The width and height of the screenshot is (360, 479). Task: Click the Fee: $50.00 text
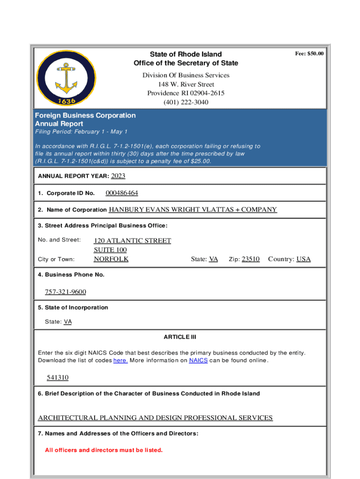click(309, 54)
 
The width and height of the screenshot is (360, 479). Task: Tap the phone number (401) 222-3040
click(186, 102)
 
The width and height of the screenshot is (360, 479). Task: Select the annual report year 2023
click(118, 176)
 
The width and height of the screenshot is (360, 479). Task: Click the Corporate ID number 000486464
click(122, 193)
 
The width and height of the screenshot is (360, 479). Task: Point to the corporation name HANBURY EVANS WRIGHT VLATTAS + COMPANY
click(193, 210)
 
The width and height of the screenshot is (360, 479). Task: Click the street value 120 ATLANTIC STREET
click(132, 240)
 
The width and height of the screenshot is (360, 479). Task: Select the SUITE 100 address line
click(110, 250)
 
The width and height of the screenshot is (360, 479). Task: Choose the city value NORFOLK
click(111, 259)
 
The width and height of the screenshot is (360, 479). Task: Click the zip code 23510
click(251, 259)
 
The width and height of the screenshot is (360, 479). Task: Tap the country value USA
click(303, 259)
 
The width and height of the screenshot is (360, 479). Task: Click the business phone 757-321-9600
click(65, 292)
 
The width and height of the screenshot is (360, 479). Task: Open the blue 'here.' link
click(121, 361)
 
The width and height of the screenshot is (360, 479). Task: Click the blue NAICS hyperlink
click(198, 361)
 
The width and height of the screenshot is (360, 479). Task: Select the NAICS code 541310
click(58, 377)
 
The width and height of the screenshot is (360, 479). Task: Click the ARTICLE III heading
click(180, 337)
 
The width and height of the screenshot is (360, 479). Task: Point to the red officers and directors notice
click(104, 450)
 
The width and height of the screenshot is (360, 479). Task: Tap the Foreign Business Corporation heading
click(86, 116)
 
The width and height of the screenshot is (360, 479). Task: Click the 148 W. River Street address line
click(186, 84)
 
